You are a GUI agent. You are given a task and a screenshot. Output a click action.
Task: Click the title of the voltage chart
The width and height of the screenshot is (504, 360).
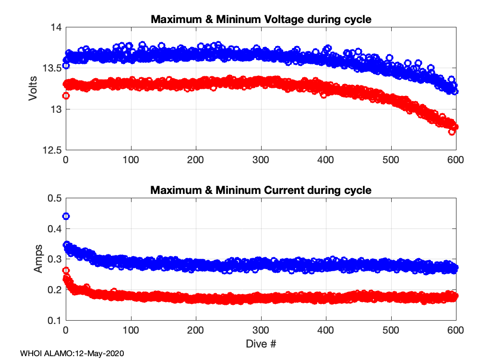tap(261, 20)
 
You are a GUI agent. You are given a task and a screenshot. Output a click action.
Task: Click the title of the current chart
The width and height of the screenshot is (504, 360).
tap(261, 190)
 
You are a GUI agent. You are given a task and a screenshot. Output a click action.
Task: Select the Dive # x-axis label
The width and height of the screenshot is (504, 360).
tap(261, 344)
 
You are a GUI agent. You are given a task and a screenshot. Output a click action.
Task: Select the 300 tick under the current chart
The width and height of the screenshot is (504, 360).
tap(261, 330)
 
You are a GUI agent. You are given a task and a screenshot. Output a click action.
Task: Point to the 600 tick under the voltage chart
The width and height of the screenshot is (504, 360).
tap(456, 160)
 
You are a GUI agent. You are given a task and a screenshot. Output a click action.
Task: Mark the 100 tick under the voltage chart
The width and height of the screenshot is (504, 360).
tap(131, 160)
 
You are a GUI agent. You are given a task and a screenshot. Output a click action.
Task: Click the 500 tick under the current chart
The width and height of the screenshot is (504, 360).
tap(391, 330)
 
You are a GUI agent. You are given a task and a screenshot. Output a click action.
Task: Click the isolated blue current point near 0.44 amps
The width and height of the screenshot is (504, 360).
tap(66, 216)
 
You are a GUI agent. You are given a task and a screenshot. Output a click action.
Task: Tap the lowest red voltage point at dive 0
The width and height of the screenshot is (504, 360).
tap(66, 96)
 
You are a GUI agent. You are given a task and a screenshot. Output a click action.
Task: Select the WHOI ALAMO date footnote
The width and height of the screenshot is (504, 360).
tap(72, 354)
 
